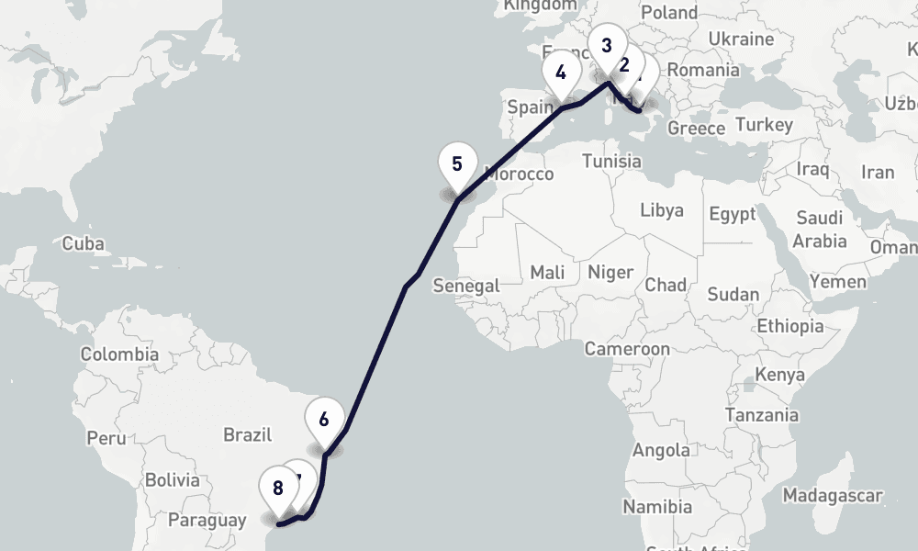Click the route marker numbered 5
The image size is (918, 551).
pyautogui.click(x=457, y=167)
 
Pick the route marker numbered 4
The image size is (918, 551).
pyautogui.click(x=561, y=73)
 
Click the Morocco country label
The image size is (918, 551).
pyautogui.click(x=520, y=174)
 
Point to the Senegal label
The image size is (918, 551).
pyautogui.click(x=466, y=286)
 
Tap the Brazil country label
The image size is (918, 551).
pyautogui.click(x=248, y=434)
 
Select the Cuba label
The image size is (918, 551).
pyautogui.click(x=84, y=244)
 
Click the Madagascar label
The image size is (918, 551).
pyautogui.click(x=832, y=496)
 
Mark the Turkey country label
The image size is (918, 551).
pyautogui.click(x=764, y=124)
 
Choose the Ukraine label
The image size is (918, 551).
pyautogui.click(x=742, y=39)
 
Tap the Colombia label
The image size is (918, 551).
pyautogui.click(x=119, y=354)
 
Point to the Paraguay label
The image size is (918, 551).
pyautogui.click(x=207, y=521)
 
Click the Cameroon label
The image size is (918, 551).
pyautogui.click(x=627, y=349)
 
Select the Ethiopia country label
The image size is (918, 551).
pyautogui.click(x=790, y=326)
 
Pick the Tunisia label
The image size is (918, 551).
pyautogui.click(x=612, y=161)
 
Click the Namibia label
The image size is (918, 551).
pyautogui.click(x=657, y=506)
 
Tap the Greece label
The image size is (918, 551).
pyautogui.click(x=697, y=129)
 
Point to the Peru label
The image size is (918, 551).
pyautogui.click(x=106, y=438)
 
